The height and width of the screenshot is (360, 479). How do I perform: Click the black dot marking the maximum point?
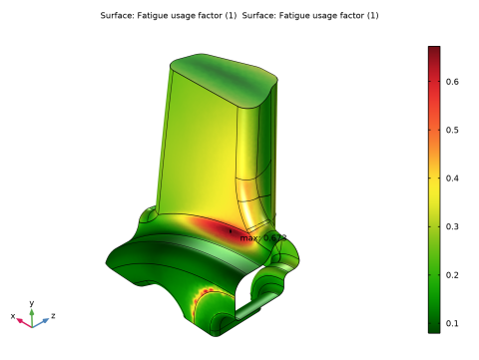pyautogui.click(x=230, y=230)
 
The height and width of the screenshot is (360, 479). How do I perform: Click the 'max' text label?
pyautogui.click(x=247, y=238)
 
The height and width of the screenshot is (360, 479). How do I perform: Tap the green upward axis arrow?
pyautogui.click(x=32, y=312)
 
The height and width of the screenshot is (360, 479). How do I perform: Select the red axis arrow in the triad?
pyautogui.click(x=21, y=321)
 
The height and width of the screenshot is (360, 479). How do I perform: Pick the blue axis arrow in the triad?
pyautogui.click(x=44, y=321)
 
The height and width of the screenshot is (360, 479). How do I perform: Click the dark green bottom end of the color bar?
pyautogui.click(x=434, y=325)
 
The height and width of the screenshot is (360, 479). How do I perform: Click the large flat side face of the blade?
pyautogui.click(x=200, y=150)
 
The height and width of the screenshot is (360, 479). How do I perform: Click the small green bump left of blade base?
pyautogui.click(x=147, y=213)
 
